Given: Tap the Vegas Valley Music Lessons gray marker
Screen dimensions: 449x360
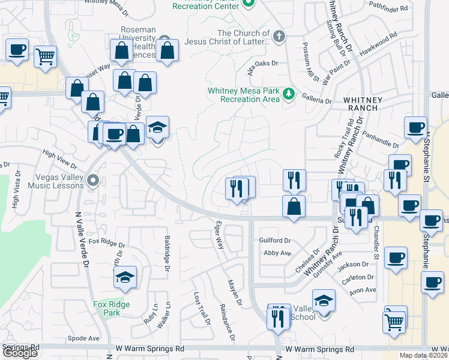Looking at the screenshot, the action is click(92, 180).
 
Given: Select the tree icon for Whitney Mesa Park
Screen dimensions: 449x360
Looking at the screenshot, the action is click(289, 94).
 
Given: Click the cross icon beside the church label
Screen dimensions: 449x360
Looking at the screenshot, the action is click(279, 37).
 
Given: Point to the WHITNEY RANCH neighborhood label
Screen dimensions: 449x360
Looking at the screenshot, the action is click(361, 104).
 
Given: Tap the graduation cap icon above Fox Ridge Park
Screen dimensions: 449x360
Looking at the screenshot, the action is click(125, 277).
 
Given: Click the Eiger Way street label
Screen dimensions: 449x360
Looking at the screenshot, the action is click(219, 235).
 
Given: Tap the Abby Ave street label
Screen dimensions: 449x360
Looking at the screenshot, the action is click(277, 253).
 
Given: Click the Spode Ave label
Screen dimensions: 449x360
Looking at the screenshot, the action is click(83, 338).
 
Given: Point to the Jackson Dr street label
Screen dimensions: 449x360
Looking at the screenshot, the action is click(353, 264).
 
